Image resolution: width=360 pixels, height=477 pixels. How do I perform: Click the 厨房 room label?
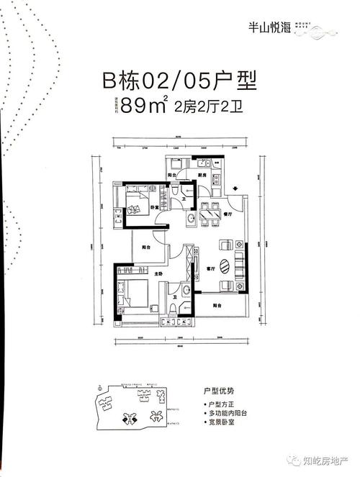(204, 175)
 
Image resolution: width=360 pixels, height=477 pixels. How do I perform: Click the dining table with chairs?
(210, 212)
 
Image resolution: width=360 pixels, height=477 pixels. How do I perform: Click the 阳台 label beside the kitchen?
(173, 175)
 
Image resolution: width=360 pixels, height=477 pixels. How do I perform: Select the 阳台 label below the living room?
(217, 306)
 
